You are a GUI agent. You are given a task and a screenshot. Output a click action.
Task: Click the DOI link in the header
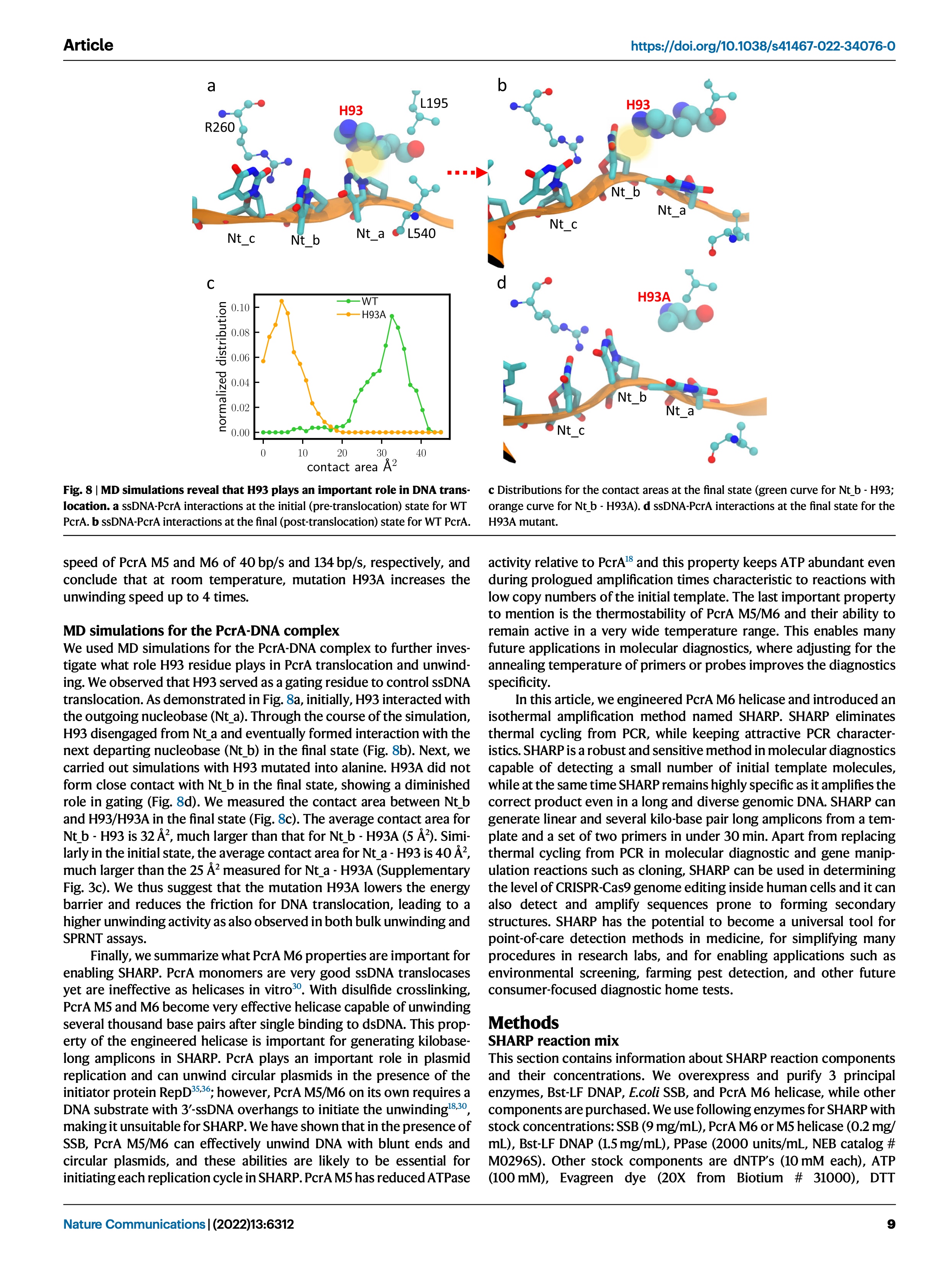tap(762, 46)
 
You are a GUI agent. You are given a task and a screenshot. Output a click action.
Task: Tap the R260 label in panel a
tap(220, 127)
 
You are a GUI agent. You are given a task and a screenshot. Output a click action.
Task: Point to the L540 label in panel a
tap(421, 233)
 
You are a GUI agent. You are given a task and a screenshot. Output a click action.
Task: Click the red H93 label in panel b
tap(638, 105)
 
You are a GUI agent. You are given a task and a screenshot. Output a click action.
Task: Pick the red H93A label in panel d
tap(654, 297)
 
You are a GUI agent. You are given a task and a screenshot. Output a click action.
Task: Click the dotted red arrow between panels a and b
tap(466, 172)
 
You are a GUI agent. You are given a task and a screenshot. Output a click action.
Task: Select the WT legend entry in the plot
tap(369, 301)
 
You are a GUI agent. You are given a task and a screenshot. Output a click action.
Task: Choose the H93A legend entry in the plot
tap(373, 314)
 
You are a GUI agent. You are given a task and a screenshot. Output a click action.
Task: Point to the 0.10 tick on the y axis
tap(240, 307)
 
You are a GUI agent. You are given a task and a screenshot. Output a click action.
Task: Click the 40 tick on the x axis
tap(421, 453)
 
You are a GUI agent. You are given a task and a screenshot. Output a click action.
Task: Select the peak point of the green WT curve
tap(391, 315)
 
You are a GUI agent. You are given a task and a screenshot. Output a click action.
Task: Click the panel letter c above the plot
tap(211, 284)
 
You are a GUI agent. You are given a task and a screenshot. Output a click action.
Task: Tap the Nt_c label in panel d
tap(571, 430)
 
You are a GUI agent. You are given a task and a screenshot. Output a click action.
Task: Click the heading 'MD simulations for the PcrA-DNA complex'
tap(201, 631)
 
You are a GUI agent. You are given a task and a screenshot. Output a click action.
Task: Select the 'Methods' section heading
tap(523, 1022)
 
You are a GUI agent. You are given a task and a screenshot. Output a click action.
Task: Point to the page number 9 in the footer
tap(891, 1224)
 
